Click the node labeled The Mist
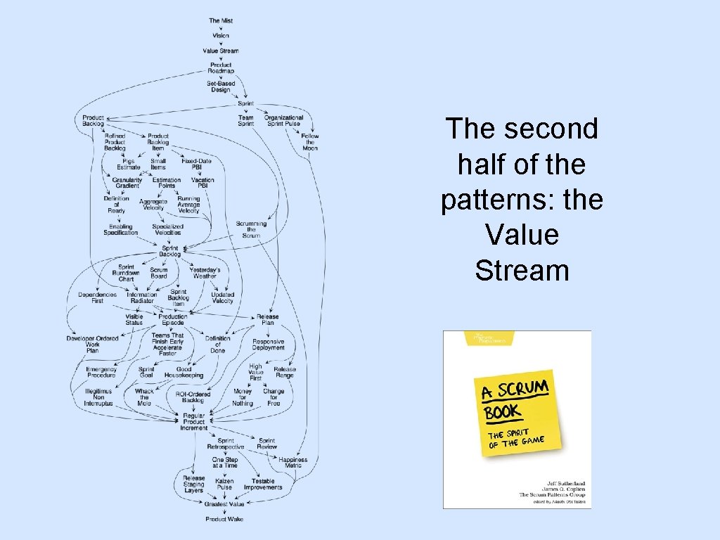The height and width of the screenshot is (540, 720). click(x=220, y=20)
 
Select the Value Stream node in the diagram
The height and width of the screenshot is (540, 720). click(x=220, y=51)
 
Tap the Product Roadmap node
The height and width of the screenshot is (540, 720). click(x=220, y=67)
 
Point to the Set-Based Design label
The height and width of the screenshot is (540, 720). click(x=220, y=86)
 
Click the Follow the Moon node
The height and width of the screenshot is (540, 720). click(x=310, y=142)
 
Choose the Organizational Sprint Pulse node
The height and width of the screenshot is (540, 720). click(x=283, y=120)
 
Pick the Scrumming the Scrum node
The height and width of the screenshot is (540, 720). click(x=251, y=229)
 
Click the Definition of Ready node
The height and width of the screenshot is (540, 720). click(x=116, y=205)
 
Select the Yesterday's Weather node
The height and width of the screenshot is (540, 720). click(x=205, y=273)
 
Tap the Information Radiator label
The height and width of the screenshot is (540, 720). click(x=142, y=297)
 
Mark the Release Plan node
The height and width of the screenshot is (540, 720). click(x=268, y=320)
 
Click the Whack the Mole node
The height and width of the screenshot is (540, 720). click(x=144, y=397)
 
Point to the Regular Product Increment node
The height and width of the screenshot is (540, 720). click(x=193, y=421)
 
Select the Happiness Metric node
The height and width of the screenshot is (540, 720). click(x=292, y=463)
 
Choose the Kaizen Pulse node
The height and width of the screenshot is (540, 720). click(x=224, y=484)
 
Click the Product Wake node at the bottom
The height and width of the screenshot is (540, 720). click(x=224, y=519)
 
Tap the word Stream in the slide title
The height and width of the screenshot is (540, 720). click(x=522, y=270)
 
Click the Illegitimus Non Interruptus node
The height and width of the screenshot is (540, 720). click(x=98, y=397)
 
